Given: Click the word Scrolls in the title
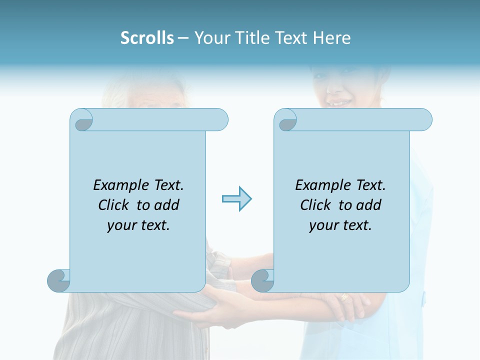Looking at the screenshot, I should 147,38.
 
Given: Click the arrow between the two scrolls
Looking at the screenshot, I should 236,199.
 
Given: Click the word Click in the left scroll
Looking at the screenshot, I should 115,205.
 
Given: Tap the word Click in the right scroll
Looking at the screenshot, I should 317,205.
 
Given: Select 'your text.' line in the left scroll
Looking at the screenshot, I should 138,225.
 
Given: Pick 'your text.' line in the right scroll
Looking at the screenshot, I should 340,225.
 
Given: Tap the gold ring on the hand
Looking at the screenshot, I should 344,297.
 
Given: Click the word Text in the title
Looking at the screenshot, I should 291,38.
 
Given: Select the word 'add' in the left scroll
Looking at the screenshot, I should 167,205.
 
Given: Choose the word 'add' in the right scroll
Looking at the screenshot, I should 369,205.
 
